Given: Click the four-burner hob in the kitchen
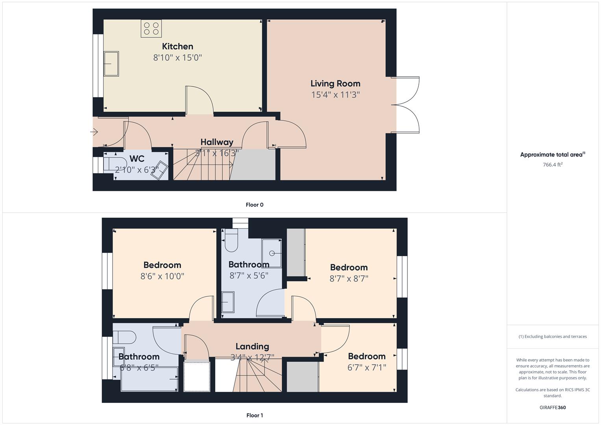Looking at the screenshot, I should tap(151, 28).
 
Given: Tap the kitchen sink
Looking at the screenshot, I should tap(111, 63).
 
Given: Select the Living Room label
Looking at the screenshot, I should tap(335, 83).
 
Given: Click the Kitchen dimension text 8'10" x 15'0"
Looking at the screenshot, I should tap(178, 57).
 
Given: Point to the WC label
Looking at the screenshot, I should tap(137, 159).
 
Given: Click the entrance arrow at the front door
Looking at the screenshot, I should tap(94, 132).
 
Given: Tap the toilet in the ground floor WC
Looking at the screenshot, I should tap(112, 163).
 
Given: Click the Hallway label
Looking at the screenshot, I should tap(217, 142).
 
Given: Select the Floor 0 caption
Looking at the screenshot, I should tap(255, 205).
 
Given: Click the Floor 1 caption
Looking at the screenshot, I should tap(255, 415).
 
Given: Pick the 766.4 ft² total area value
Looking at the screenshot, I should tap(553, 164).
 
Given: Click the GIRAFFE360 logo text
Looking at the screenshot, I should tap(553, 407).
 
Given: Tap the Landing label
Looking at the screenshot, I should tap(252, 346).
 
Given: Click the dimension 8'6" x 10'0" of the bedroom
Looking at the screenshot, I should tap(162, 276).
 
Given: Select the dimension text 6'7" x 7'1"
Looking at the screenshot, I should tap(367, 367).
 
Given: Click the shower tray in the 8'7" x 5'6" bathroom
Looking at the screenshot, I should tap(272, 253).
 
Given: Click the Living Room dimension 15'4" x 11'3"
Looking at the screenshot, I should tap(335, 94).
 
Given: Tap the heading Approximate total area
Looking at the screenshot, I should tap(553, 155).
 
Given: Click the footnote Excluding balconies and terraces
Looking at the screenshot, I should tap(553, 336).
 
